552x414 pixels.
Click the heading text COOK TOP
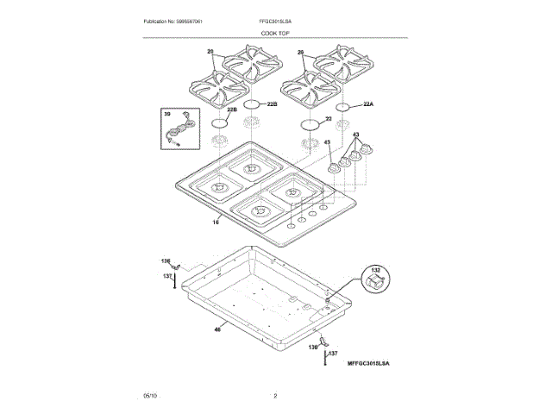pos(275,32)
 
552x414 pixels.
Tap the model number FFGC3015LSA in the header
pos(275,20)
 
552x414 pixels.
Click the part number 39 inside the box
pos(167,114)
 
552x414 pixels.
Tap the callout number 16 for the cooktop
pos(216,223)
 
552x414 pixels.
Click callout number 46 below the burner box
pos(217,329)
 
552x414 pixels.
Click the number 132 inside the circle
pos(375,271)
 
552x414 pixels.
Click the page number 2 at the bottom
pos(275,396)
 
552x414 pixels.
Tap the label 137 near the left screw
pos(168,276)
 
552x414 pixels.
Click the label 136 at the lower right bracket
pos(313,347)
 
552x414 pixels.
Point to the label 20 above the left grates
pos(210,53)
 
